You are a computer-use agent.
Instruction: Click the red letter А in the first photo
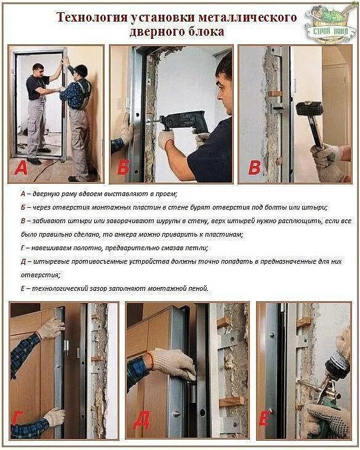pyautogui.click(x=20, y=168)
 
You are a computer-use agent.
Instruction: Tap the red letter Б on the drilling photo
pyautogui.click(x=123, y=168)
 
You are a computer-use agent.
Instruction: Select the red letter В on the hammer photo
pyautogui.click(x=254, y=168)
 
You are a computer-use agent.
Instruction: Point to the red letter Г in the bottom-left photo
pyautogui.click(x=18, y=419)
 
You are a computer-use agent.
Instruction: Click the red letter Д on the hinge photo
pyautogui.click(x=142, y=420)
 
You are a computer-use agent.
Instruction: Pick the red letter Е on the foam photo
pyautogui.click(x=264, y=419)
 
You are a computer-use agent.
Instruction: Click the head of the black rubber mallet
pyautogui.click(x=310, y=109)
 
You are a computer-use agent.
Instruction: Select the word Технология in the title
pyautogui.click(x=92, y=17)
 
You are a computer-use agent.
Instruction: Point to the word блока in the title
pyautogui.click(x=206, y=31)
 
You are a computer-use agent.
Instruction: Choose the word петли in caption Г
pyautogui.click(x=198, y=248)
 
